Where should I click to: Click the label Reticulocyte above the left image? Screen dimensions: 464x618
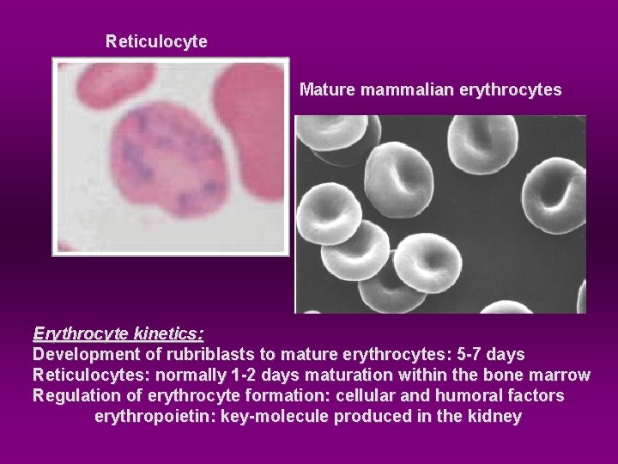pos(156,41)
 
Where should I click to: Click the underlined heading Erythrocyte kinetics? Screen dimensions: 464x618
pos(118,333)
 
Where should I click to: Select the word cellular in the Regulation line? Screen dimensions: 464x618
pos(391,395)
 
